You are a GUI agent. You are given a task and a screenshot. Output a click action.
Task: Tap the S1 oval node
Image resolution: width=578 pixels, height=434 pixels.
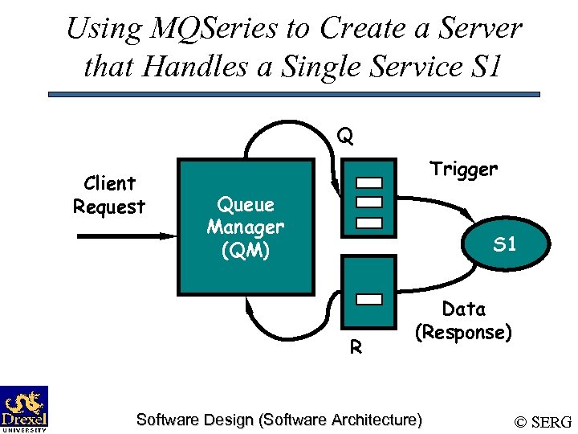503,244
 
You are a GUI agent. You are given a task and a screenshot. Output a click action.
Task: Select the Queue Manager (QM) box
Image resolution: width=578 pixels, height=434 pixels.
246,227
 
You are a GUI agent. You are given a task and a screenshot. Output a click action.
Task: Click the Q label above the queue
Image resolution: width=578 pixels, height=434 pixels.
344,137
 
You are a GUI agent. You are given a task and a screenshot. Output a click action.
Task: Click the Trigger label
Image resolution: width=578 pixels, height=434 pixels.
463,170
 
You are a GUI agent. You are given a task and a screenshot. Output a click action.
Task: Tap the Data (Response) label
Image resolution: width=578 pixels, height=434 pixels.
463,320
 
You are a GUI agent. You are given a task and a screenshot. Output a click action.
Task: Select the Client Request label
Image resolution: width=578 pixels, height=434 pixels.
109,194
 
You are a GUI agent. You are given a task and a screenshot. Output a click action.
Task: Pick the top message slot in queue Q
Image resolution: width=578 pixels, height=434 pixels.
369,182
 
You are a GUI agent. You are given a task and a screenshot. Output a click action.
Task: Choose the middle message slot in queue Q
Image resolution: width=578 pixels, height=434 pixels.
369,201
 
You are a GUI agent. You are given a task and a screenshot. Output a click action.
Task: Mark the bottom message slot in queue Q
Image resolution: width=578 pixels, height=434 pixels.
369,221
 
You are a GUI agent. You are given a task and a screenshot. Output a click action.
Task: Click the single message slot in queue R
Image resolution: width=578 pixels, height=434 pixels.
369,299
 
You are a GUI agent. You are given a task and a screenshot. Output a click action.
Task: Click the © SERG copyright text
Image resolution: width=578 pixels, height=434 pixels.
543,422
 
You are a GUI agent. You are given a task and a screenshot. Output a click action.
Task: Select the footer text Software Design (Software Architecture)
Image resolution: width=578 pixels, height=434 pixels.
279,420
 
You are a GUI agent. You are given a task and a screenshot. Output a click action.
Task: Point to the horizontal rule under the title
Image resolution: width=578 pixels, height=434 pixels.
294,94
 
